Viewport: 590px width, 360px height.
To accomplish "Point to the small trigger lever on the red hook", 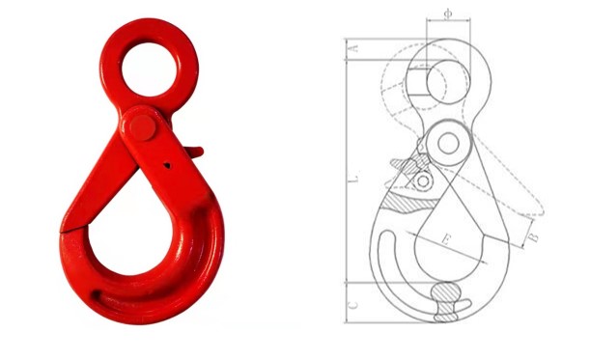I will tap(193, 152).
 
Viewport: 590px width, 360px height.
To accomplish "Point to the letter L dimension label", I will tap(354, 179).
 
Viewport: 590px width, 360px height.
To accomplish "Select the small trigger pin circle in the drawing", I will tap(422, 180).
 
